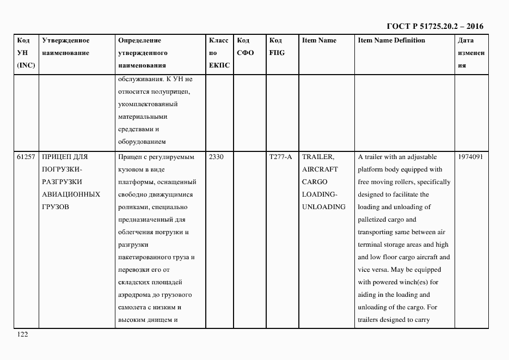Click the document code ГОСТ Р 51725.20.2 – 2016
(434, 26)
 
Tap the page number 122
(22, 334)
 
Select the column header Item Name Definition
(391, 40)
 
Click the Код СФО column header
(246, 47)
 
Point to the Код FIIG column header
(277, 47)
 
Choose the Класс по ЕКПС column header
(219, 53)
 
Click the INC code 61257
(26, 157)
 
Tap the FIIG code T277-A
(280, 157)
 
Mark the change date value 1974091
(471, 157)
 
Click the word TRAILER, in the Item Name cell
(318, 157)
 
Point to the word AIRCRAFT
(320, 169)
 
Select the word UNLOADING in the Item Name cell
(323, 207)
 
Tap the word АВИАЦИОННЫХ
(71, 194)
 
